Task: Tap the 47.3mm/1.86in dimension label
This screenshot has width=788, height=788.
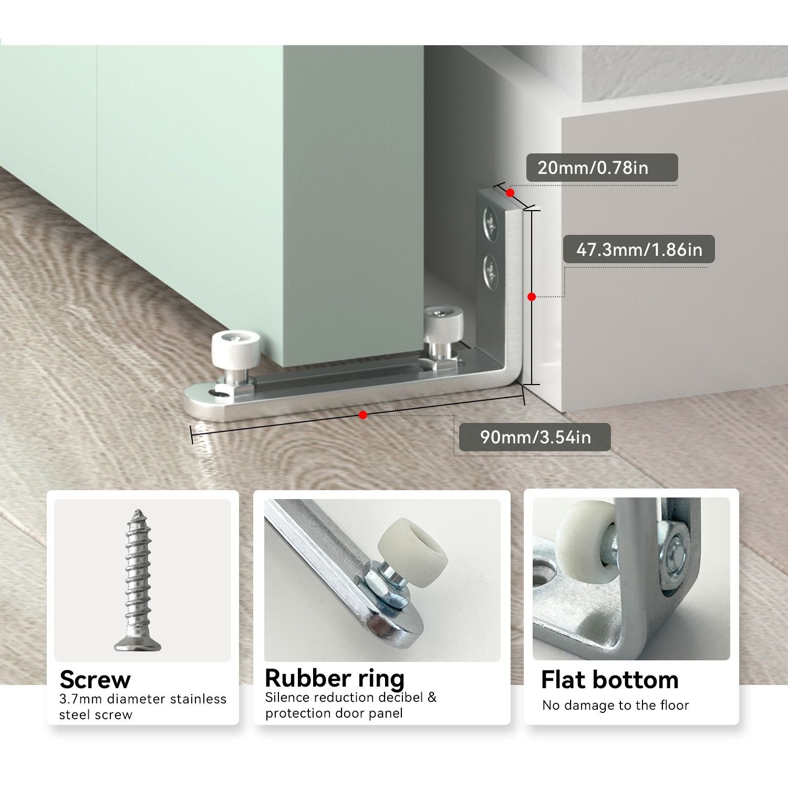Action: (639, 249)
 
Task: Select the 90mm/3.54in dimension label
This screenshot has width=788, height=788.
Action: (535, 437)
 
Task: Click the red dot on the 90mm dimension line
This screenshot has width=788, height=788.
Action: (363, 415)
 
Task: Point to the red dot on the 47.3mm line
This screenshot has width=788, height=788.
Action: (532, 297)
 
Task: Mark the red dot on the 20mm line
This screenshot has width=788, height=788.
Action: (510, 193)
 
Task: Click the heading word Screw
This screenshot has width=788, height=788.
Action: (95, 679)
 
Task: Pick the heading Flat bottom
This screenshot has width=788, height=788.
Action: (610, 680)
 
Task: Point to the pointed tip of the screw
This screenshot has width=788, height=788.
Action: (138, 511)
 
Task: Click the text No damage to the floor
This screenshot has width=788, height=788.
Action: (616, 706)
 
